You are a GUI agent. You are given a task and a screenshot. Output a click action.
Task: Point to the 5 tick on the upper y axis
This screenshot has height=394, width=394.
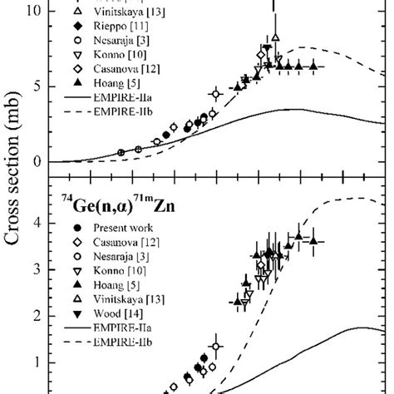(37, 86)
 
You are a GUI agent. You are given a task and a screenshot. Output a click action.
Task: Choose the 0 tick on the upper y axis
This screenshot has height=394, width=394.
(37, 161)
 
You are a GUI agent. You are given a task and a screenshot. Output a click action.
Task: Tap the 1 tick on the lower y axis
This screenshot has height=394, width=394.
(37, 362)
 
